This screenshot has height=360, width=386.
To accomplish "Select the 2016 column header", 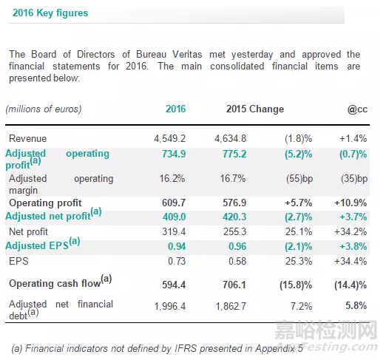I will [x=175, y=109].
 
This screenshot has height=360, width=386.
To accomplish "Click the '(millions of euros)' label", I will [x=43, y=109].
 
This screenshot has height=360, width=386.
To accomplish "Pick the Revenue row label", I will [x=28, y=138].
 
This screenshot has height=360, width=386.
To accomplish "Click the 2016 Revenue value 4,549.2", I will [x=169, y=138].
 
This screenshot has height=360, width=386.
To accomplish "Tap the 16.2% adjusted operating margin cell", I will [x=174, y=179].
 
